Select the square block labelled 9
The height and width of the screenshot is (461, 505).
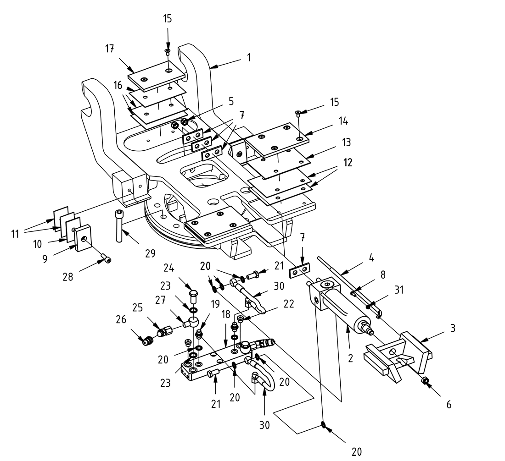click(x=84, y=238)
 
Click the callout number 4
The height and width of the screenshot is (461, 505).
click(x=371, y=258)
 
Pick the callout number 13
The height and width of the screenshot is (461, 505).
click(x=346, y=143)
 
